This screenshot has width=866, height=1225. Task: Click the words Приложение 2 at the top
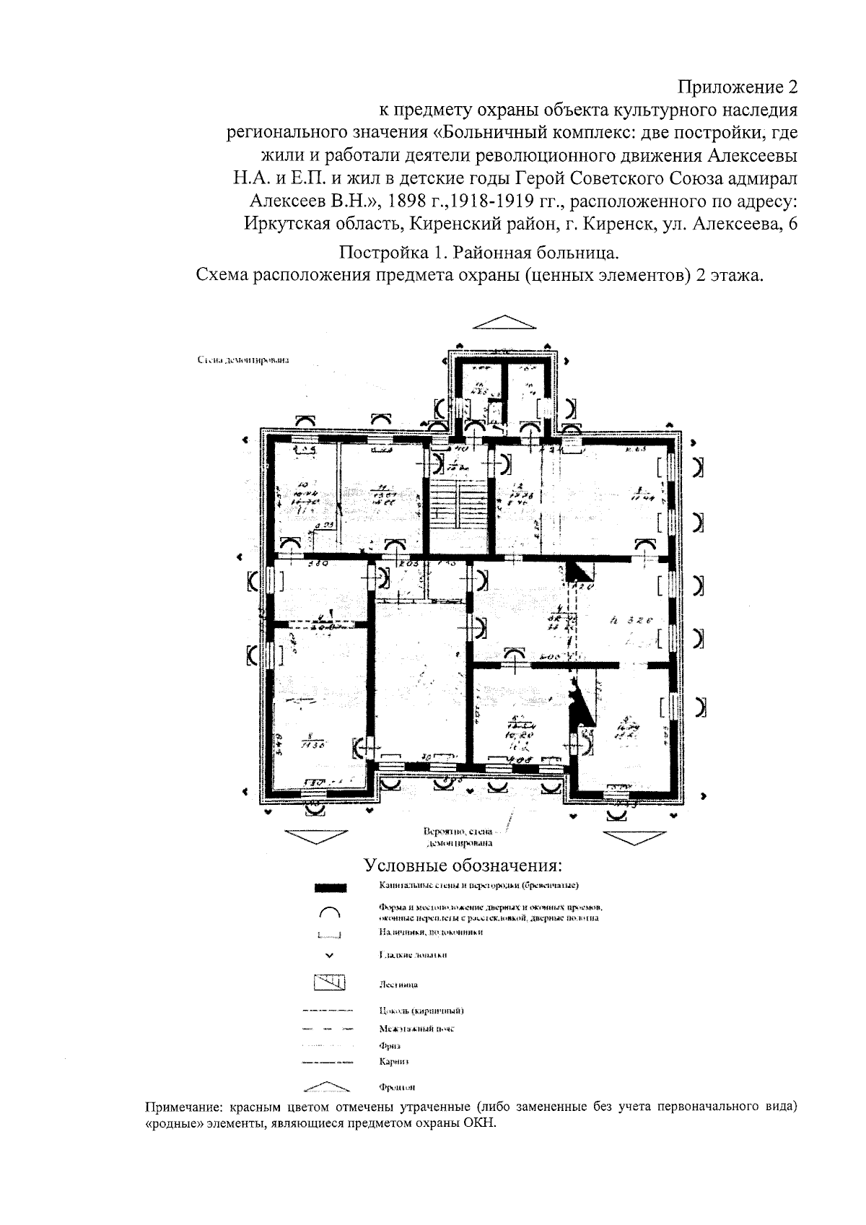(x=738, y=88)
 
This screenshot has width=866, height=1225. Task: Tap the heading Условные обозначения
(x=462, y=866)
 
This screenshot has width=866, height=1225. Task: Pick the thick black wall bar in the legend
(x=331, y=887)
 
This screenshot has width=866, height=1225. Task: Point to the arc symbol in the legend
(x=329, y=912)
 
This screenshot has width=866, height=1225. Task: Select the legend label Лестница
(x=397, y=984)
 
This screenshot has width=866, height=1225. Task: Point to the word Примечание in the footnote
(x=185, y=1107)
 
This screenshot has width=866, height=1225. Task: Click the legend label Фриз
(x=389, y=1045)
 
